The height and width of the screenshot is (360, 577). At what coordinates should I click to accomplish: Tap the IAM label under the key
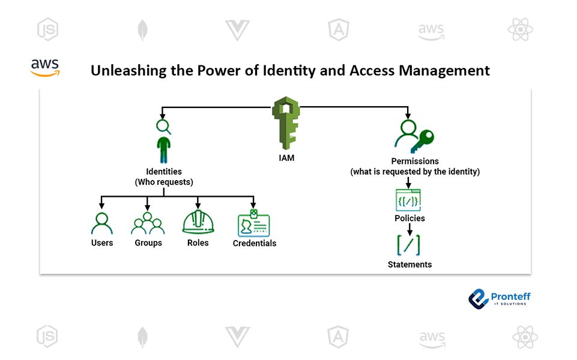[286, 159]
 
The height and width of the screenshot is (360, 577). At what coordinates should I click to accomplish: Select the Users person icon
[102, 223]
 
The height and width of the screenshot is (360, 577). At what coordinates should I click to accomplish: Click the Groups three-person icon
[148, 223]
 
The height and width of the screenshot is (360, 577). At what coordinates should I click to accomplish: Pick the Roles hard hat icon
[198, 223]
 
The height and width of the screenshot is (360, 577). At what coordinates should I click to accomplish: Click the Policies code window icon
[408, 200]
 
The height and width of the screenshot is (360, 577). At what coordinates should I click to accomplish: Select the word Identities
[163, 172]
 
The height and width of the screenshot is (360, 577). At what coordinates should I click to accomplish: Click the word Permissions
[415, 161]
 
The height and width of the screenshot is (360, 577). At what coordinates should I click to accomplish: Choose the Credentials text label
[255, 244]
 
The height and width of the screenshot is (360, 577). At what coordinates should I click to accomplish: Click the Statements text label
[409, 265]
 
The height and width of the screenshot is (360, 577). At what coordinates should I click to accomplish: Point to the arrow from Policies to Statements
[409, 229]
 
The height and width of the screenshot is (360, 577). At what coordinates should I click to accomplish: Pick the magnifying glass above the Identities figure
[163, 127]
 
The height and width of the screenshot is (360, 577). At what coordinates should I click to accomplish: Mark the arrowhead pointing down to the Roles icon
[198, 206]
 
